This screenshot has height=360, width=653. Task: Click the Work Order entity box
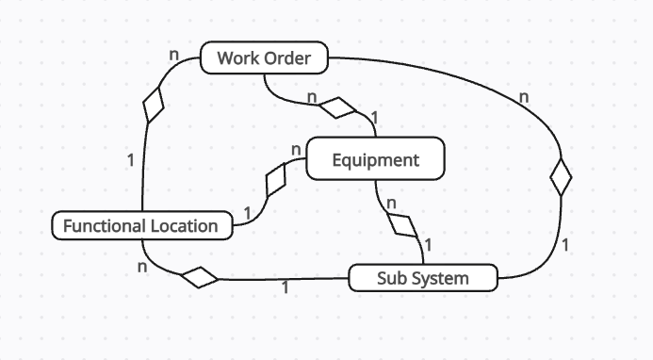pos(264,58)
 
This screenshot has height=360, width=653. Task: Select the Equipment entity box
pos(375,159)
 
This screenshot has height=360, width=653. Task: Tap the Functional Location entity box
pos(140,226)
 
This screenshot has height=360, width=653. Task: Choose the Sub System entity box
pos(422,278)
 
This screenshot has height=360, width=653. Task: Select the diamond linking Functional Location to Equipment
pos(277,178)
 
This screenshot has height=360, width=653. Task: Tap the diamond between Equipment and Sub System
pos(402,225)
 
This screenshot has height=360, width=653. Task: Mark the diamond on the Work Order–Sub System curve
pos(562,176)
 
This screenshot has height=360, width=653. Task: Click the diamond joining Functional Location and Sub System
pos(200,277)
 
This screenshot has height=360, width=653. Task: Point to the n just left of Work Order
pos(173,55)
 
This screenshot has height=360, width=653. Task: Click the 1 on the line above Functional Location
pos(130,159)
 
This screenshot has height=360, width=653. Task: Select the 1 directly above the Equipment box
pos(374,118)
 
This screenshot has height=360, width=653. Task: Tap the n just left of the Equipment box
pos(296,150)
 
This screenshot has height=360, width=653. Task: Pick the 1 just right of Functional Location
pos(247,214)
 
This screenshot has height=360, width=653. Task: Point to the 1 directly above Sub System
pos(428,245)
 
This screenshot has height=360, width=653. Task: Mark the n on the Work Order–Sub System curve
pos(524,96)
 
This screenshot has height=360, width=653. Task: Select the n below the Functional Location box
pos(142,266)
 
